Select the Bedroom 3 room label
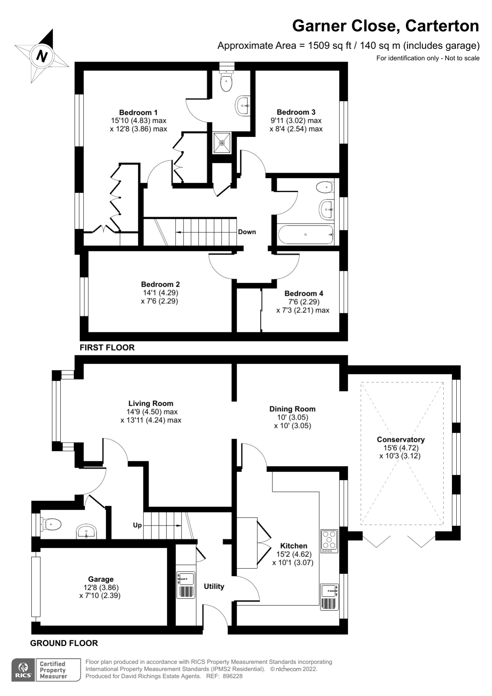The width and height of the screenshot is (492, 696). click(296, 112)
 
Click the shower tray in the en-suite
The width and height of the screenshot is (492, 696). click(222, 143)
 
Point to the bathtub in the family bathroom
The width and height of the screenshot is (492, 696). click(306, 235)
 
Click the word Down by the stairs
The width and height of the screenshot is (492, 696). click(247, 232)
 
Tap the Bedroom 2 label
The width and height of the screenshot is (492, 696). click(160, 284)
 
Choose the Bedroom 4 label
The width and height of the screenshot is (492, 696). click(304, 293)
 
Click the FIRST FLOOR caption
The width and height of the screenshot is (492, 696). click(107, 347)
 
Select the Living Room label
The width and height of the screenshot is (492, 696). click(151, 403)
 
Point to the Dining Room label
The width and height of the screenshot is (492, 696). click(293, 409)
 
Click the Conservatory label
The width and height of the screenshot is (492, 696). click(400, 439)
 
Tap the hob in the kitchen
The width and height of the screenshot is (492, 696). click(329, 541)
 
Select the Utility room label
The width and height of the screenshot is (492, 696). click(214, 586)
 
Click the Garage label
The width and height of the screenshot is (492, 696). click(101, 579)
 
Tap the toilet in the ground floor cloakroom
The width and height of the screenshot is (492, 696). click(51, 524)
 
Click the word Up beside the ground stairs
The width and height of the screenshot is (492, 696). click(137, 525)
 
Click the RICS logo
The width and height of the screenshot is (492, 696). click(23, 670)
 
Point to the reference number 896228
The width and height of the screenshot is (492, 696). click(232, 676)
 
